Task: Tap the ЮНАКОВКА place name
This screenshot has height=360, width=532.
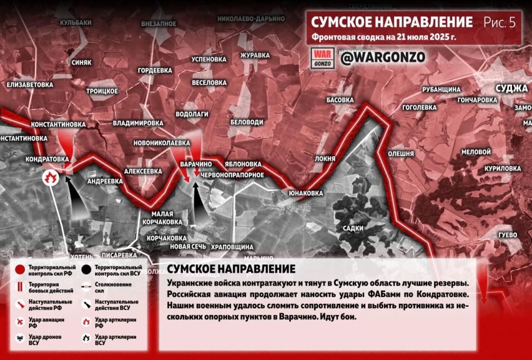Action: (305, 193)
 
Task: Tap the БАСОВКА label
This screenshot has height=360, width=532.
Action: (340, 100)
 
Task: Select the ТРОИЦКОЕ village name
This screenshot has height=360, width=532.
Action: (101, 90)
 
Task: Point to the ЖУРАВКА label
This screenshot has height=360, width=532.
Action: (255, 55)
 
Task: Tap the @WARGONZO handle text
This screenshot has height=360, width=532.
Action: (375, 57)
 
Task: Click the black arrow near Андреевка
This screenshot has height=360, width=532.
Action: (77, 197)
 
